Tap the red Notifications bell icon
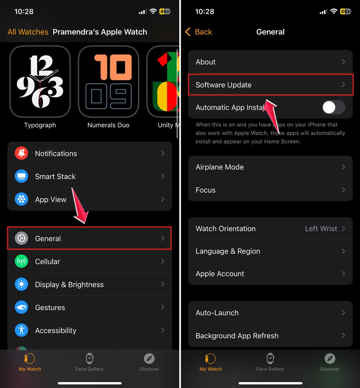[x=21, y=153]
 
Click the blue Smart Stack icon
[x=21, y=177]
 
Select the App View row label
[x=51, y=200]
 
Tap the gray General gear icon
[x=21, y=238]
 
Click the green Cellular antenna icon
[x=21, y=262]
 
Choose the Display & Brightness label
[x=69, y=285]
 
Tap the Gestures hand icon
[x=21, y=308]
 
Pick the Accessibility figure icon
[x=21, y=330]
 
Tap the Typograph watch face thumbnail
[x=40, y=82]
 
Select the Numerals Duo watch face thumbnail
[x=108, y=82]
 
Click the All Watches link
[x=28, y=32]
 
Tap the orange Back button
[x=199, y=32]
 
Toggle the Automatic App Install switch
[x=333, y=107]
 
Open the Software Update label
[x=224, y=85]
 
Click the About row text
[x=206, y=62]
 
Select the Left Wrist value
[x=321, y=229]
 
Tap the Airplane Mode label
[x=220, y=167]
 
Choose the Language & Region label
[x=228, y=251]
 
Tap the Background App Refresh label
[x=237, y=336]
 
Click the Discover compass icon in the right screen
[x=330, y=358]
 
